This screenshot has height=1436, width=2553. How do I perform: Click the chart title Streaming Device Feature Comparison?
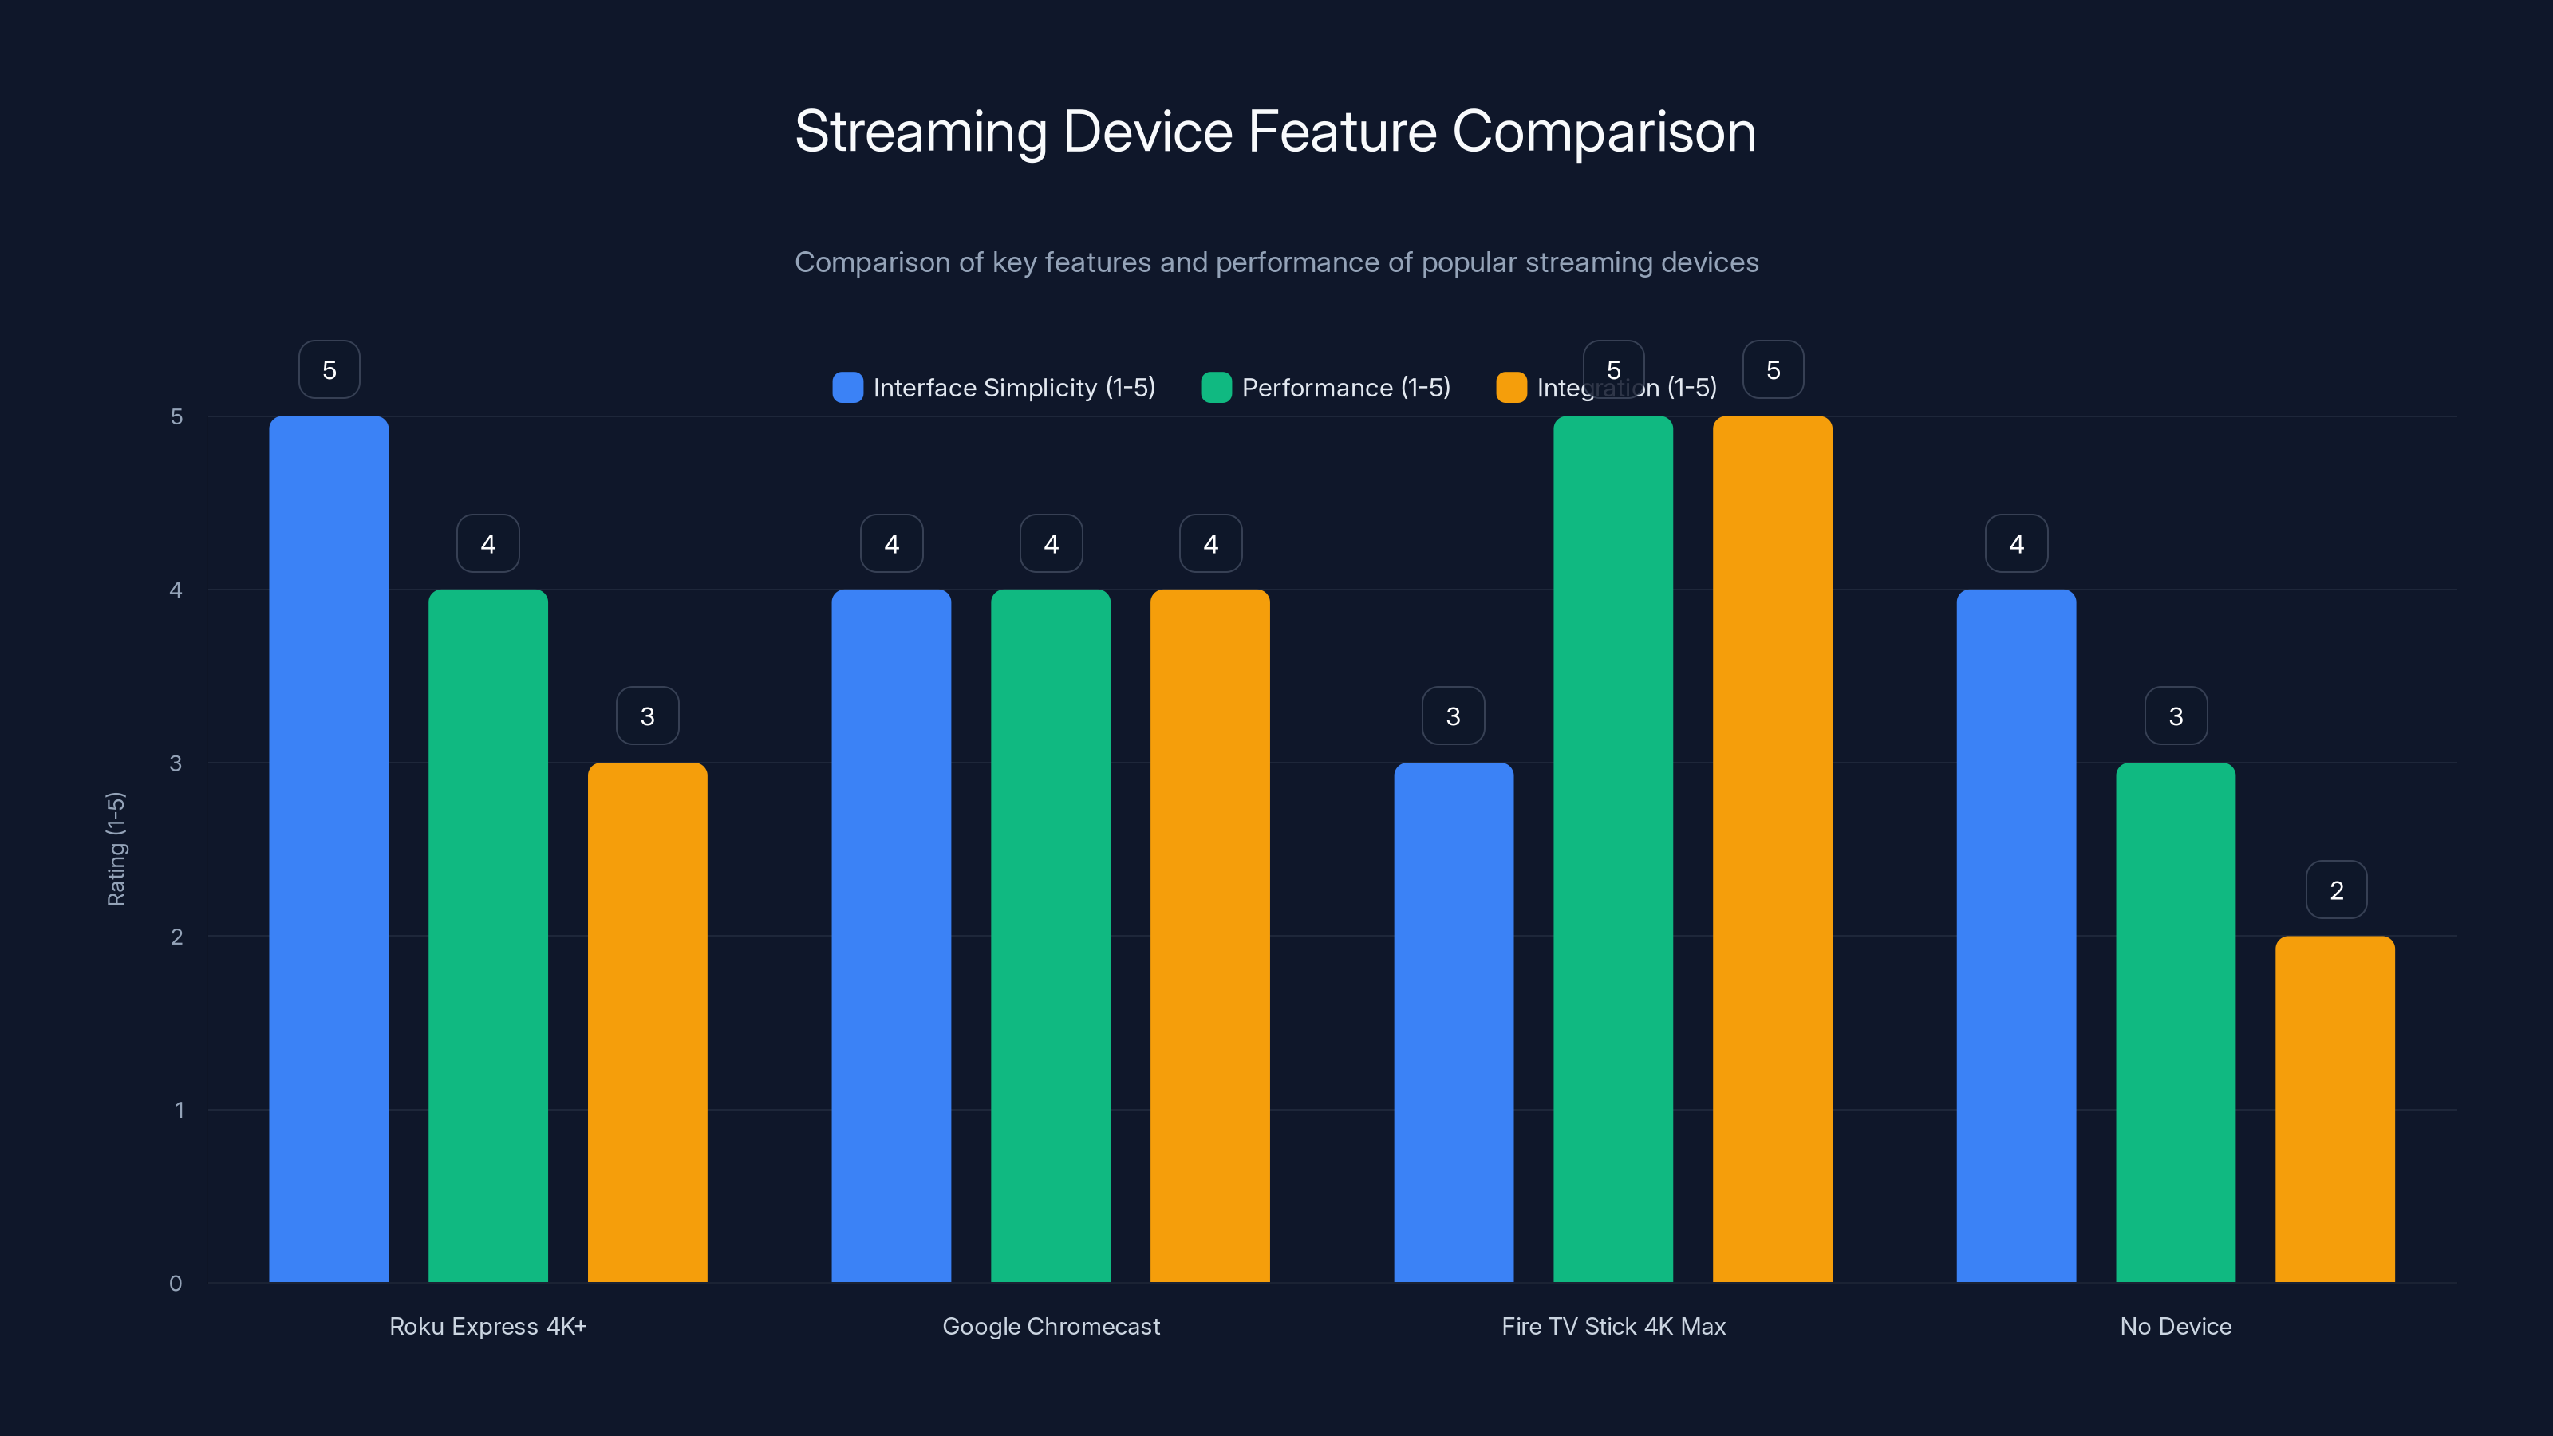pyautogui.click(x=1276, y=132)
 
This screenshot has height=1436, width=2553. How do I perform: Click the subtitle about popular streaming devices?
pyautogui.click(x=1276, y=262)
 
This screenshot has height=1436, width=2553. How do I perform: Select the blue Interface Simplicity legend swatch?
pyautogui.click(x=847, y=388)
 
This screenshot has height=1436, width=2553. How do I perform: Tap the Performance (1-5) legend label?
pyautogui.click(x=1345, y=388)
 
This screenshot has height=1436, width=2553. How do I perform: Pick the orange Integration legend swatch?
pyautogui.click(x=1510, y=388)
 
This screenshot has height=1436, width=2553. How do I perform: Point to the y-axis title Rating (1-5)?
pyautogui.click(x=116, y=848)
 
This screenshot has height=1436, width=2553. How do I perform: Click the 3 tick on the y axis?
pyautogui.click(x=176, y=763)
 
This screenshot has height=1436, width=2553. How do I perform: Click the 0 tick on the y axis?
pyautogui.click(x=176, y=1284)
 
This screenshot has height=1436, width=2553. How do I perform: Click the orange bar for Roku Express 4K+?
pyautogui.click(x=647, y=1022)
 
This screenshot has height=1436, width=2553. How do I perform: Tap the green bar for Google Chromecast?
pyautogui.click(x=1051, y=936)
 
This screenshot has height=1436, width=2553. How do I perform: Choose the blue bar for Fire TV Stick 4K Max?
pyautogui.click(x=1453, y=1022)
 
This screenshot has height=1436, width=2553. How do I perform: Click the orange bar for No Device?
pyautogui.click(x=2335, y=1109)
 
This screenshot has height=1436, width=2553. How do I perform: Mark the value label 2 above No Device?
pyautogui.click(x=2336, y=890)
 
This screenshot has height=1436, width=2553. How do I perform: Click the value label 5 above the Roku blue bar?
pyautogui.click(x=329, y=369)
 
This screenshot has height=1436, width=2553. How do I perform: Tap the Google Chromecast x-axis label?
pyautogui.click(x=1051, y=1326)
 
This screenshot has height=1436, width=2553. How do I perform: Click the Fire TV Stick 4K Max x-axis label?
pyautogui.click(x=1612, y=1326)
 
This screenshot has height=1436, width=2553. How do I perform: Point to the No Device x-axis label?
pyautogui.click(x=2176, y=1326)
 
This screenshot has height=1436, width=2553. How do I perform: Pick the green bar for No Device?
pyautogui.click(x=2176, y=1022)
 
